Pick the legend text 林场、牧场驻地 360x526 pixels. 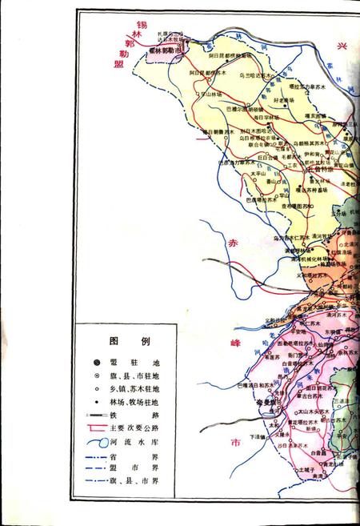coord(138,402)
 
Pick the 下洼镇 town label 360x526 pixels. coord(257,436)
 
